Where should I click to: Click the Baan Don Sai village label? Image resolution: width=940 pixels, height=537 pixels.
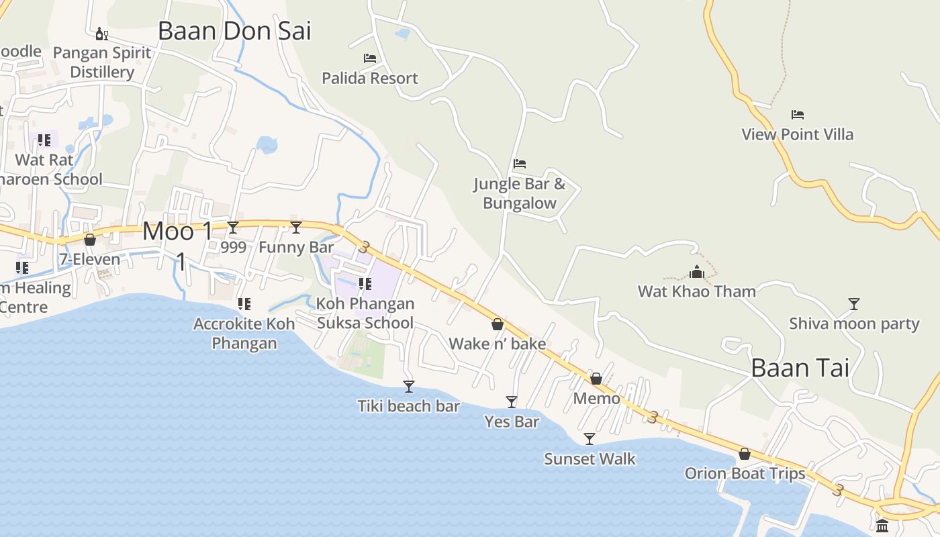pyautogui.click(x=234, y=31)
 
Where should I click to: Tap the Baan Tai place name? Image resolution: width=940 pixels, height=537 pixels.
pyautogui.click(x=800, y=367)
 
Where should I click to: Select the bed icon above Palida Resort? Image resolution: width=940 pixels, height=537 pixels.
pyautogui.click(x=369, y=58)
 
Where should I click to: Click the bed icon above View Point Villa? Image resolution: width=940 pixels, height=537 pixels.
pyautogui.click(x=797, y=115)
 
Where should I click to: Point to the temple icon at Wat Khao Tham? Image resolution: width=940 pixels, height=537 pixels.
pyautogui.click(x=697, y=272)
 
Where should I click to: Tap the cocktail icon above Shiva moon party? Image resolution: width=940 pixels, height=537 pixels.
pyautogui.click(x=853, y=304)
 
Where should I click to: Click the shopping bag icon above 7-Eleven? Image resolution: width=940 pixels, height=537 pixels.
pyautogui.click(x=89, y=240)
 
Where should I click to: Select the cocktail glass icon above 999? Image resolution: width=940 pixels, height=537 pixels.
pyautogui.click(x=233, y=228)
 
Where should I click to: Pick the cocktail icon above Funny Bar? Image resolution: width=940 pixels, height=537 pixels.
pyautogui.click(x=295, y=228)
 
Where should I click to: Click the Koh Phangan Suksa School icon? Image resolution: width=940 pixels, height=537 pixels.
pyautogui.click(x=365, y=284)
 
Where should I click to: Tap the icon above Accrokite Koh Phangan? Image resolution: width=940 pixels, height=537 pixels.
pyautogui.click(x=244, y=304)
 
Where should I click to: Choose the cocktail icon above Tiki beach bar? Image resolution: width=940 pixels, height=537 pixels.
pyautogui.click(x=408, y=387)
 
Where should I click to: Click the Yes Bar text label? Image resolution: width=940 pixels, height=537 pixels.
pyautogui.click(x=512, y=422)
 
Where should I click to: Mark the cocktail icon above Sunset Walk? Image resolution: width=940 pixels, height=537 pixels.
pyautogui.click(x=590, y=439)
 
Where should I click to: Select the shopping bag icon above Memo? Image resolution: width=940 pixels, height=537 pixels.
pyautogui.click(x=596, y=379)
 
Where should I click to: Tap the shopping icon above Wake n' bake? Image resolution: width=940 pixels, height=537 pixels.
pyautogui.click(x=498, y=325)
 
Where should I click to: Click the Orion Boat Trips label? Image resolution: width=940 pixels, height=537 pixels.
pyautogui.click(x=745, y=473)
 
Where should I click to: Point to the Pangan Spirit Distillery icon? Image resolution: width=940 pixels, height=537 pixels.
pyautogui.click(x=102, y=34)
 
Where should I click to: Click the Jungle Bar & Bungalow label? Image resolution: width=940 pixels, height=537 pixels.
pyautogui.click(x=520, y=193)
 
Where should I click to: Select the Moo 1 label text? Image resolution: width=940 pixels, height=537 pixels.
pyautogui.click(x=178, y=232)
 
